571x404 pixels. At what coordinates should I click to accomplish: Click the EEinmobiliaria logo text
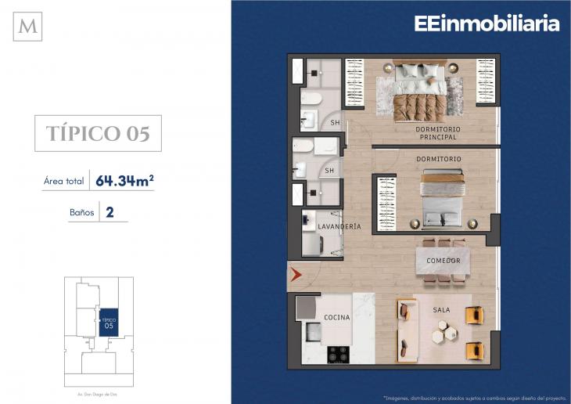coord(487,23)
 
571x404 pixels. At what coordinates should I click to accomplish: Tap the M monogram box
coord(29,27)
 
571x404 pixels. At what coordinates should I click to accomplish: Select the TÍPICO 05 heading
coord(98,133)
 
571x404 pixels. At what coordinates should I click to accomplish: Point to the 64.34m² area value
coord(124,181)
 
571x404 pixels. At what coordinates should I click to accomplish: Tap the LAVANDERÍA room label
coord(339,226)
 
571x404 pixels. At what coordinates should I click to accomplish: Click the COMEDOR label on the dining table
coord(443,260)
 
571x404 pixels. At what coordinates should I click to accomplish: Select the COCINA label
coord(336,318)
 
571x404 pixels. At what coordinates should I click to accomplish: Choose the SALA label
coord(441,310)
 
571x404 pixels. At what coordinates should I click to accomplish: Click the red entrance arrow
coord(296,275)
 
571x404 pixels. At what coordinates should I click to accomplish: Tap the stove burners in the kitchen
coord(337,353)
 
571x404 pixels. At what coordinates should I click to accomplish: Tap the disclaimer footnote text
coord(473,395)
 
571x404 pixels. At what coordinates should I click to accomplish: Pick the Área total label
coord(64,182)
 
